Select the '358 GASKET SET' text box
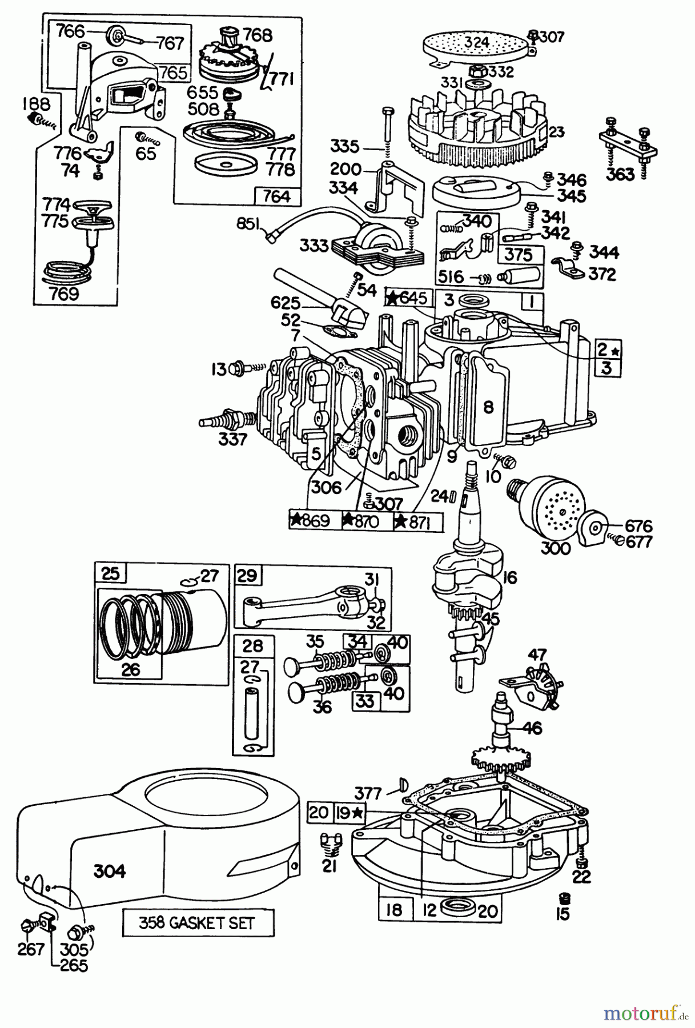tap(196, 923)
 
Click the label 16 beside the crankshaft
tap(510, 578)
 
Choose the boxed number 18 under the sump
tap(395, 910)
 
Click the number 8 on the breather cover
tap(487, 407)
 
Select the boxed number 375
tap(518, 255)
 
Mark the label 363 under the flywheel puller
tap(621, 175)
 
